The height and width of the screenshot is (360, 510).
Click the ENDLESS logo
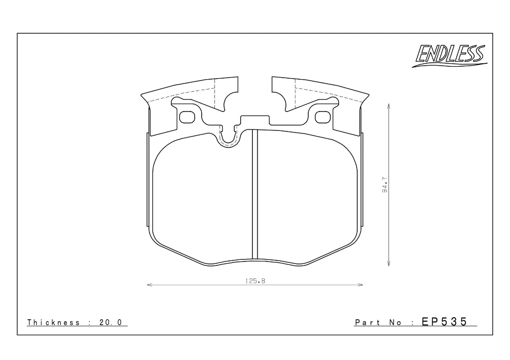pos(450,56)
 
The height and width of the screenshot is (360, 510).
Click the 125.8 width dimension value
pos(255,281)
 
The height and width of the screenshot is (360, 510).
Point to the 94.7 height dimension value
pos(385,185)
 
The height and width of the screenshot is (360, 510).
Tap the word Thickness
pos(53,322)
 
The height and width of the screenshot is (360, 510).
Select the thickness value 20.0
pos(111,322)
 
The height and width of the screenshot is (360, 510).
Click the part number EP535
pos(444,322)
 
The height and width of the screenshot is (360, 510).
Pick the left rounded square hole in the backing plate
pos(187,118)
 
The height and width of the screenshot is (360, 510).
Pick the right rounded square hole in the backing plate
pos(323,117)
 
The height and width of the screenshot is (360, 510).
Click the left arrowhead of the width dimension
pos(149,285)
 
